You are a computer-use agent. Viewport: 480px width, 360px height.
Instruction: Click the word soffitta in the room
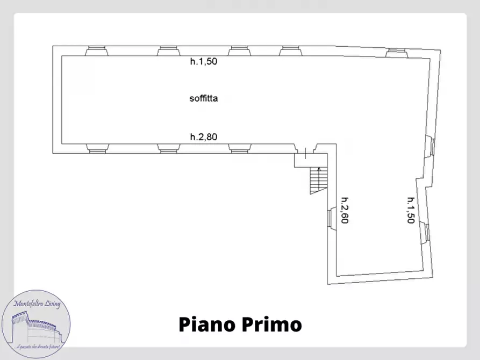point(203,98)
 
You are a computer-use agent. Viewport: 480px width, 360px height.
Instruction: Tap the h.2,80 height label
point(203,137)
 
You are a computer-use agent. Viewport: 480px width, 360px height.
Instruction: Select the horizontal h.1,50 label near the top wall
point(203,61)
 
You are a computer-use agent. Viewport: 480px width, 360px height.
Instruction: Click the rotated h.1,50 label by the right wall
point(411,210)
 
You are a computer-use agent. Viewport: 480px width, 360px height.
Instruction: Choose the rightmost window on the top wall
point(396,52)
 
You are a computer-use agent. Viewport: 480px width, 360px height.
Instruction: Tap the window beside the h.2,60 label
point(331,218)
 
